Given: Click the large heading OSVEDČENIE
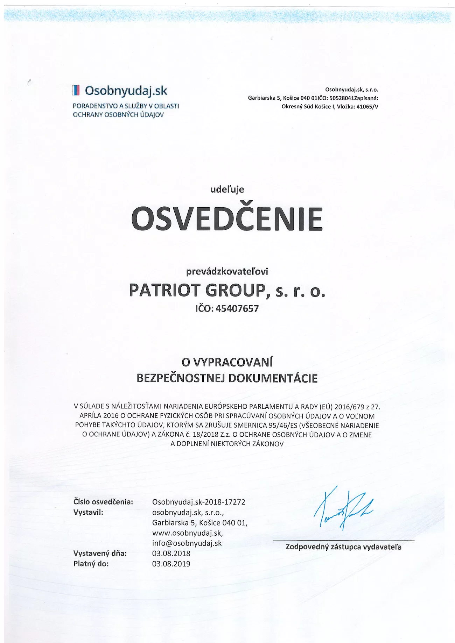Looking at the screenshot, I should point(227,219).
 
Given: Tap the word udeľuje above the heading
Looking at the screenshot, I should point(227,190).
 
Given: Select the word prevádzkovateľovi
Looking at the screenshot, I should point(227,271).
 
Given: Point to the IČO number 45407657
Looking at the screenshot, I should point(237,309).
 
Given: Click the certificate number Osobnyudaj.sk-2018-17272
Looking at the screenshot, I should point(199,502).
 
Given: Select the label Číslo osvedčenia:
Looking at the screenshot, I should point(103,502).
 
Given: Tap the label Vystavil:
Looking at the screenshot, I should point(88,512).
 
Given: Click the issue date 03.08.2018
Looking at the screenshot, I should point(171,553).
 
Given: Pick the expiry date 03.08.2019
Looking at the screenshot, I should point(171,564).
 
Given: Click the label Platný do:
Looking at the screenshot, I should point(91,564).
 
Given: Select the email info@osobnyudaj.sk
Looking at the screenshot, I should point(187,543).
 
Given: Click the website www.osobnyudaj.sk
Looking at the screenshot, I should point(187,533).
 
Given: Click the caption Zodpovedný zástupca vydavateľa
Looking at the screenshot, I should point(343,547).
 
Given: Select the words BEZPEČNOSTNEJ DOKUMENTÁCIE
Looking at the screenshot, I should point(227,378).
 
